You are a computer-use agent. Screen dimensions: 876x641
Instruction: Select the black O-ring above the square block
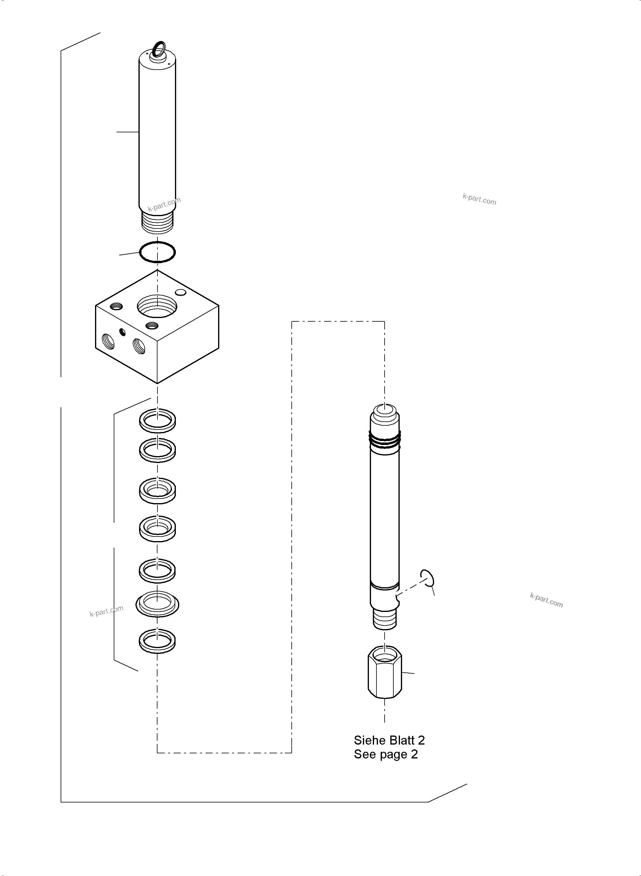point(157,252)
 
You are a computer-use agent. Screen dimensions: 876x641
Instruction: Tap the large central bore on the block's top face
point(157,306)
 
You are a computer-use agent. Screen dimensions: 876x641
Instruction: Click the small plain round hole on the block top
point(181,292)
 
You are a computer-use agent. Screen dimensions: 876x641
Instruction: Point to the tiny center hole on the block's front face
point(123,332)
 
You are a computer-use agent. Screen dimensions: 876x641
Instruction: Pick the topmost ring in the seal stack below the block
point(157,420)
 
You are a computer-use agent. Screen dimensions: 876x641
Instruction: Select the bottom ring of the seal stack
point(157,640)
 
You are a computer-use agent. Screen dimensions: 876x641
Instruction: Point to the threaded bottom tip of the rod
point(385,619)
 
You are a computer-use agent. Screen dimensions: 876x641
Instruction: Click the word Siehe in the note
point(369,740)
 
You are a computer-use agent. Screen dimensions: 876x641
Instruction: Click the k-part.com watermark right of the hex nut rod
point(546,600)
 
